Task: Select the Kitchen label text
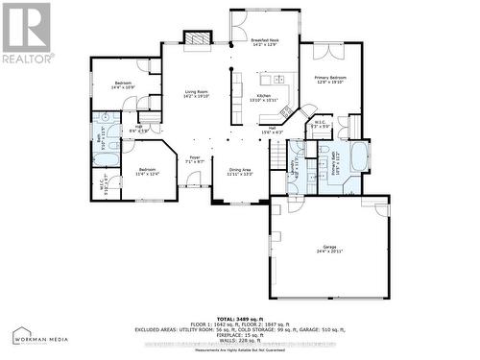(x=264, y=98)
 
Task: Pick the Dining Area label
(x=239, y=171)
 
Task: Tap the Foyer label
(x=195, y=158)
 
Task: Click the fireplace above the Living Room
(x=198, y=39)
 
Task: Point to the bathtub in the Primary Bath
(x=360, y=158)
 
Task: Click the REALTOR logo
(x=26, y=34)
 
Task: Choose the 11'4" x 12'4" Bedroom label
(x=147, y=171)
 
